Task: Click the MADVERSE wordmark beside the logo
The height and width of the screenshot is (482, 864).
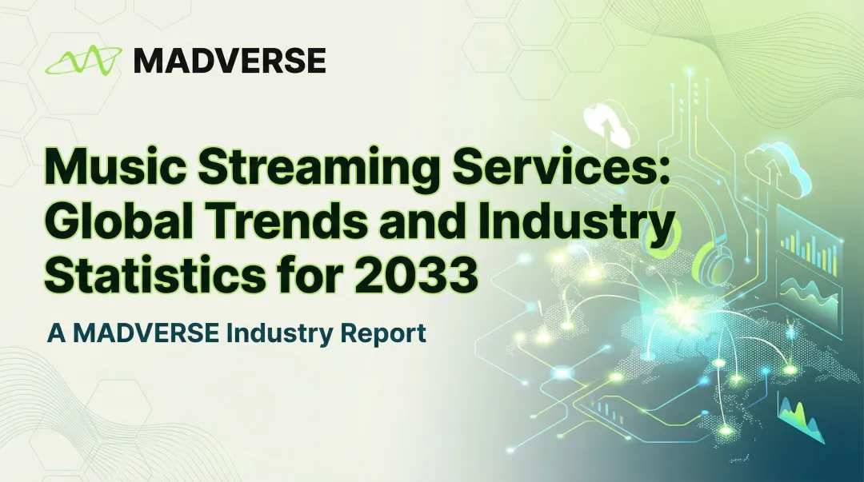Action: [x=230, y=61]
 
